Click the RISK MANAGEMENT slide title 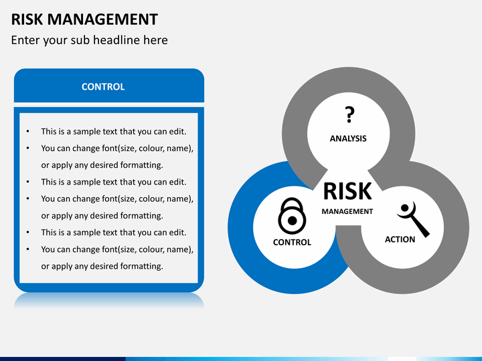pos(84,19)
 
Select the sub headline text pos(90,40)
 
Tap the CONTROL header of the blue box pos(103,87)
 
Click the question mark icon pos(349,114)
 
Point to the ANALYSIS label pos(348,139)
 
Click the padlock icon pos(292,216)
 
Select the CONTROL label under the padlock pos(292,242)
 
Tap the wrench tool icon pos(414,219)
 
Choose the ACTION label pos(400,239)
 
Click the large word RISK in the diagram pos(347,191)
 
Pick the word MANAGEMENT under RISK pos(347,211)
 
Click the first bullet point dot pos(28,132)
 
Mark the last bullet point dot pos(28,249)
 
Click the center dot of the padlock pos(293,221)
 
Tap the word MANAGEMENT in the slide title pos(102,19)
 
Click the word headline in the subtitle pos(116,40)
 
